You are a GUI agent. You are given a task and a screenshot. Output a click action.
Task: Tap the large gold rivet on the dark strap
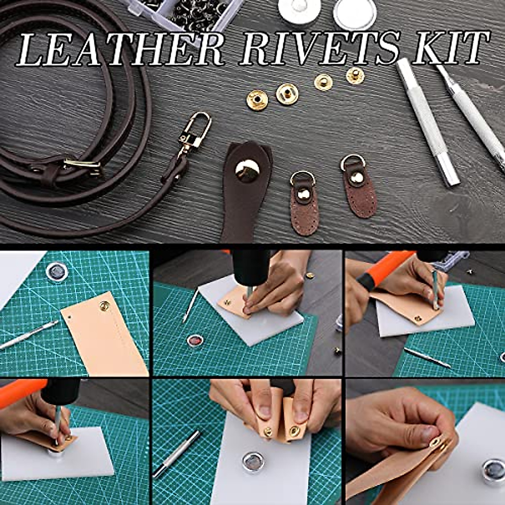pyautogui.click(x=247, y=170)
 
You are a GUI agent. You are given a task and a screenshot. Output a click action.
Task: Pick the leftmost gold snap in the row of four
pyautogui.click(x=257, y=100)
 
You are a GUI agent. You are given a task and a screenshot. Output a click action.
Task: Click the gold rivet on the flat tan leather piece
pyautogui.click(x=104, y=306)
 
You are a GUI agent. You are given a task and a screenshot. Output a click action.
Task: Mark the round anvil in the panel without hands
pyautogui.click(x=57, y=271)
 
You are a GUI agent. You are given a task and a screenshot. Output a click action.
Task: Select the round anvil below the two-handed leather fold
pyautogui.click(x=253, y=462)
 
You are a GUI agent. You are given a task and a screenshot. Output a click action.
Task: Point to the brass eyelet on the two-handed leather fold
pyautogui.click(x=293, y=430)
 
